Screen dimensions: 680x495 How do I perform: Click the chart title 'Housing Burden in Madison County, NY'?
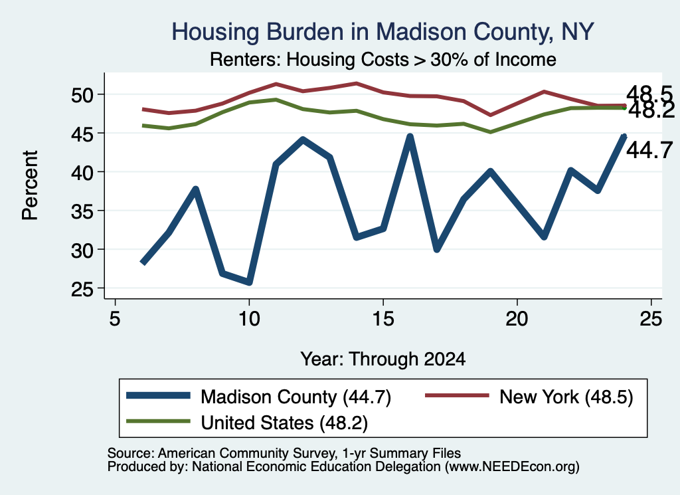(382, 32)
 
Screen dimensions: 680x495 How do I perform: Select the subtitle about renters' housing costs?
(382, 59)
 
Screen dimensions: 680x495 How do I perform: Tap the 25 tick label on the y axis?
(82, 288)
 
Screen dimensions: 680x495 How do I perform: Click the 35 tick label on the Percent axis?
(82, 211)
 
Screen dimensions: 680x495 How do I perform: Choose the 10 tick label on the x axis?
(249, 319)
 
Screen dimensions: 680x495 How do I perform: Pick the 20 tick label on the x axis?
(517, 319)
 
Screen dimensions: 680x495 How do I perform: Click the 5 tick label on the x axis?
(114, 319)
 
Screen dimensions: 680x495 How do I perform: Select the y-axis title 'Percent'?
(30, 185)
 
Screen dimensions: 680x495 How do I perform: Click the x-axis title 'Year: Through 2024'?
(383, 359)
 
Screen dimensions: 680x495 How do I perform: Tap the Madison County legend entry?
(259, 397)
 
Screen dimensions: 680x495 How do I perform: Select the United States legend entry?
(247, 423)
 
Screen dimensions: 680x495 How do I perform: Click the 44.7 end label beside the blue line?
(649, 151)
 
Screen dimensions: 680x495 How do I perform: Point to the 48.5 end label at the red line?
(649, 94)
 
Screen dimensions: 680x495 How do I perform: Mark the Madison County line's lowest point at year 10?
(249, 282)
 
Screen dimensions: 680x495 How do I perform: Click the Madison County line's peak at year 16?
(410, 137)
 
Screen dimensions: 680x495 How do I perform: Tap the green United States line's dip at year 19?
(490, 132)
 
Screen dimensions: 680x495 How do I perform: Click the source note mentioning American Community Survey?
(284, 453)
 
